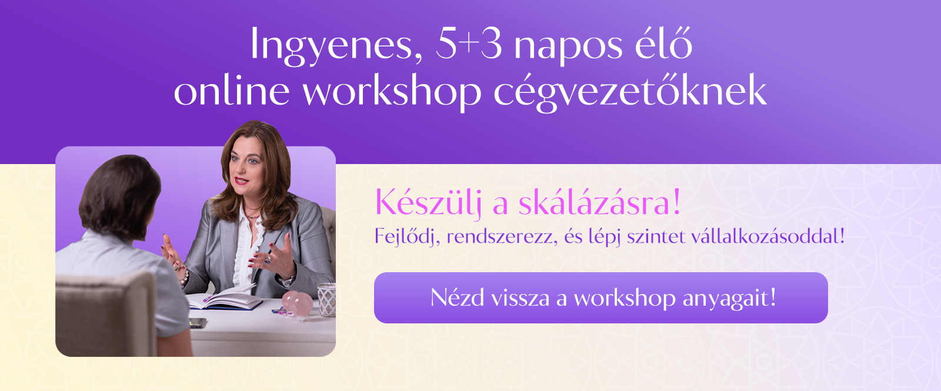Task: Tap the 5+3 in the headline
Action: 469,45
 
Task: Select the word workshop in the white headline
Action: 392,91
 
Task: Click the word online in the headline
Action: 232,90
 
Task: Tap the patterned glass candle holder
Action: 326,299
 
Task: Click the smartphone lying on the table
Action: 198,323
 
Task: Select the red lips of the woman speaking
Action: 241,181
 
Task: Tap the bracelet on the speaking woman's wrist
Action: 183,277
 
